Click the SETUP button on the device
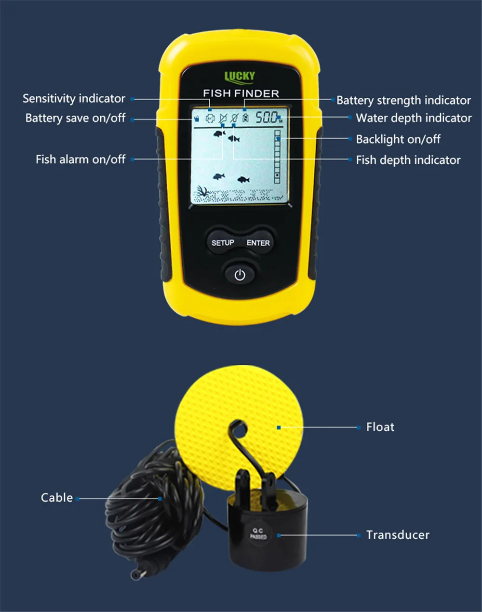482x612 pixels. click(x=223, y=243)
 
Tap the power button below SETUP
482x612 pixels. click(x=240, y=275)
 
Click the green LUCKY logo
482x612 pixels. click(x=240, y=76)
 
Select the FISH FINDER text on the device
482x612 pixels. click(x=241, y=93)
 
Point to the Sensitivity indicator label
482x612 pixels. click(x=74, y=99)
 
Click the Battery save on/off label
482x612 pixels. click(x=75, y=118)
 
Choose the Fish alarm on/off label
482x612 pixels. click(x=80, y=160)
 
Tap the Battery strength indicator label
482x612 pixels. click(x=403, y=100)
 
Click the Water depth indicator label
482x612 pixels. click(x=414, y=118)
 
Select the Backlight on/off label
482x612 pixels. click(x=398, y=139)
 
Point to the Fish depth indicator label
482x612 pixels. click(x=408, y=160)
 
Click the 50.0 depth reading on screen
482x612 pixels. click(x=267, y=117)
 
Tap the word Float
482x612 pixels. click(x=380, y=427)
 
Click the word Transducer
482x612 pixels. click(x=397, y=535)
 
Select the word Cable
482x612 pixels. click(x=57, y=498)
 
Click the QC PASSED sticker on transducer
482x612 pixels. click(x=258, y=534)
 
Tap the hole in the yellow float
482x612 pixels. click(x=239, y=426)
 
